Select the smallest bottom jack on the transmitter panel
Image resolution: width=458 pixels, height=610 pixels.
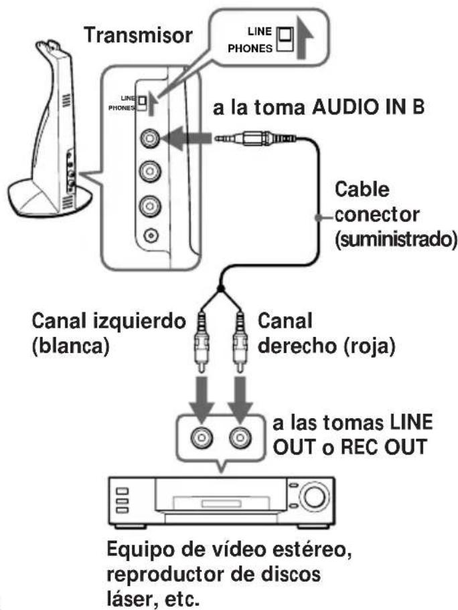pos(151,235)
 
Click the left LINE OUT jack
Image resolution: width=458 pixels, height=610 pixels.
pos(200,438)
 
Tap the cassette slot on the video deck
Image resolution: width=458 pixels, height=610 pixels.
pos(201,500)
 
